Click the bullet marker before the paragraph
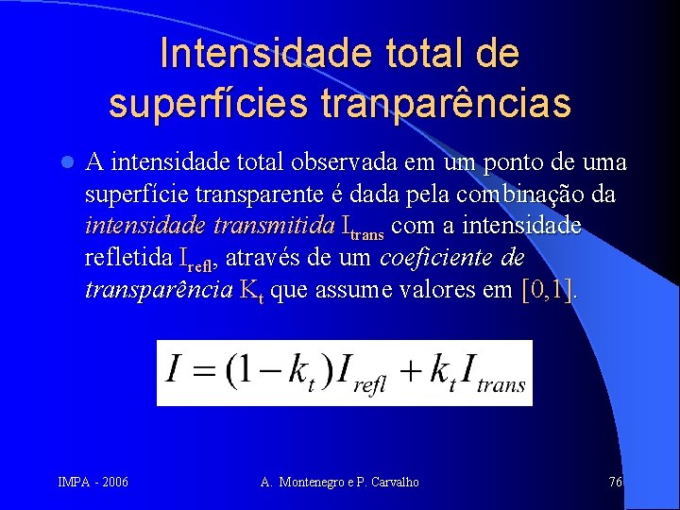point(65,162)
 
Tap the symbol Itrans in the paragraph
point(362,229)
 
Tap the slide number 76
point(615,483)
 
